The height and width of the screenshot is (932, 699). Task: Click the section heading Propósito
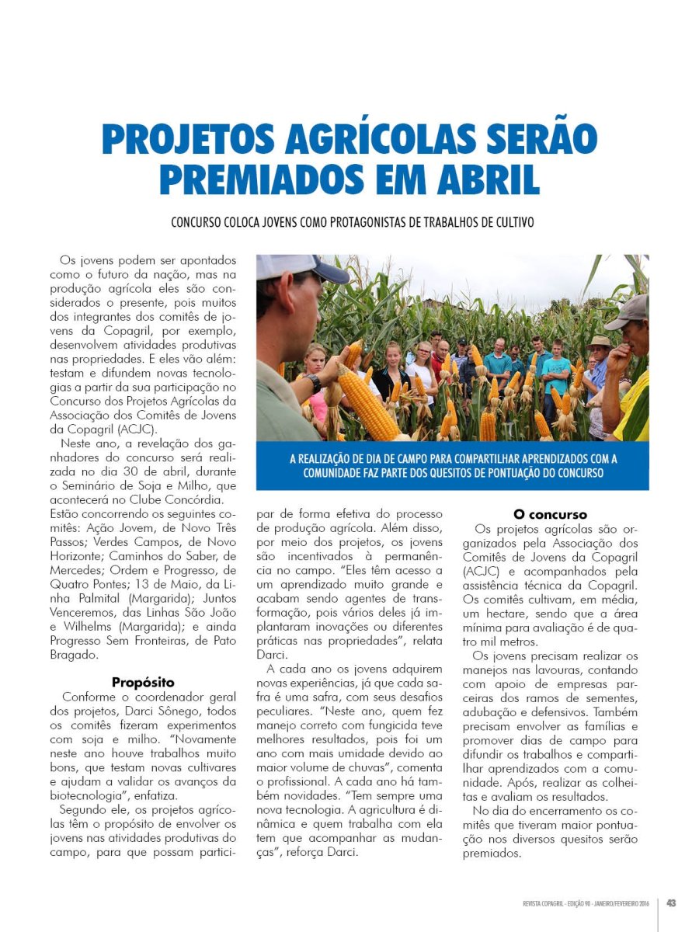(x=143, y=683)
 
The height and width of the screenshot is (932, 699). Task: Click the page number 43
(x=671, y=902)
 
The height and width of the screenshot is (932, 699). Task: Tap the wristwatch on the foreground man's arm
(x=313, y=383)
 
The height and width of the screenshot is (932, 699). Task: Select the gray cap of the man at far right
(x=629, y=311)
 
